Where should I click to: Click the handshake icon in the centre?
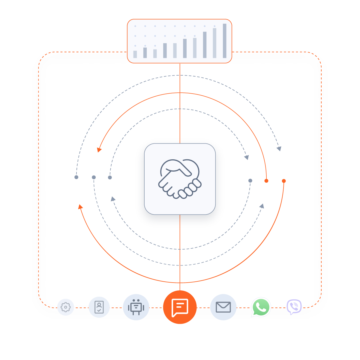[180, 179]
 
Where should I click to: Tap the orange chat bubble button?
[180, 307]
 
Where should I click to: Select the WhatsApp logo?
[261, 307]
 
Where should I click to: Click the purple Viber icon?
[294, 307]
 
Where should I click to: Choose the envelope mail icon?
[223, 307]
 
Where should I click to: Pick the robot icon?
[136, 307]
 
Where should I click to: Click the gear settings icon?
[65, 307]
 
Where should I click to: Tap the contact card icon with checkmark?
[99, 307]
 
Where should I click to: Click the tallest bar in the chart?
[225, 41]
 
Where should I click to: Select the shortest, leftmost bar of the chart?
[135, 54]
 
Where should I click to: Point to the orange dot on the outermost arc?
[284, 181]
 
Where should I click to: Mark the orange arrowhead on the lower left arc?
[80, 206]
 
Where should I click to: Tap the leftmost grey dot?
[76, 177]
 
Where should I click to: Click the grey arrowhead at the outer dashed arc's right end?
[279, 148]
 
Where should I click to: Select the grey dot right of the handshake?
[250, 181]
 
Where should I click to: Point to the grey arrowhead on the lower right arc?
[262, 206]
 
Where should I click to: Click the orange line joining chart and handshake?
[180, 102]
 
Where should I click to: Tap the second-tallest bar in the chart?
[214, 43]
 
